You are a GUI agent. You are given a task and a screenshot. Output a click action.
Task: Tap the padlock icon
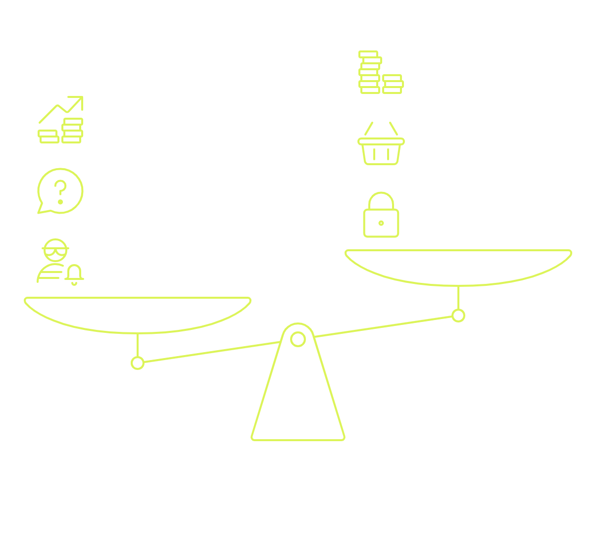click(x=381, y=215)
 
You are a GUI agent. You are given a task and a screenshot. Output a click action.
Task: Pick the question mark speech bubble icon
click(x=60, y=191)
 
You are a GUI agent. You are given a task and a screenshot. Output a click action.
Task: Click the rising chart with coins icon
click(x=61, y=120)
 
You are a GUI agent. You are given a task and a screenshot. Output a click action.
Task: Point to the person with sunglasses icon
click(x=54, y=261)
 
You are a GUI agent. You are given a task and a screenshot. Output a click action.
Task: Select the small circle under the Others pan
click(x=138, y=363)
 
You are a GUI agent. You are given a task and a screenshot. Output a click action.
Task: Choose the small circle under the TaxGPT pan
click(x=458, y=315)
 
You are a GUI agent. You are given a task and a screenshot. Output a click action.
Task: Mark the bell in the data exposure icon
click(x=74, y=275)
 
